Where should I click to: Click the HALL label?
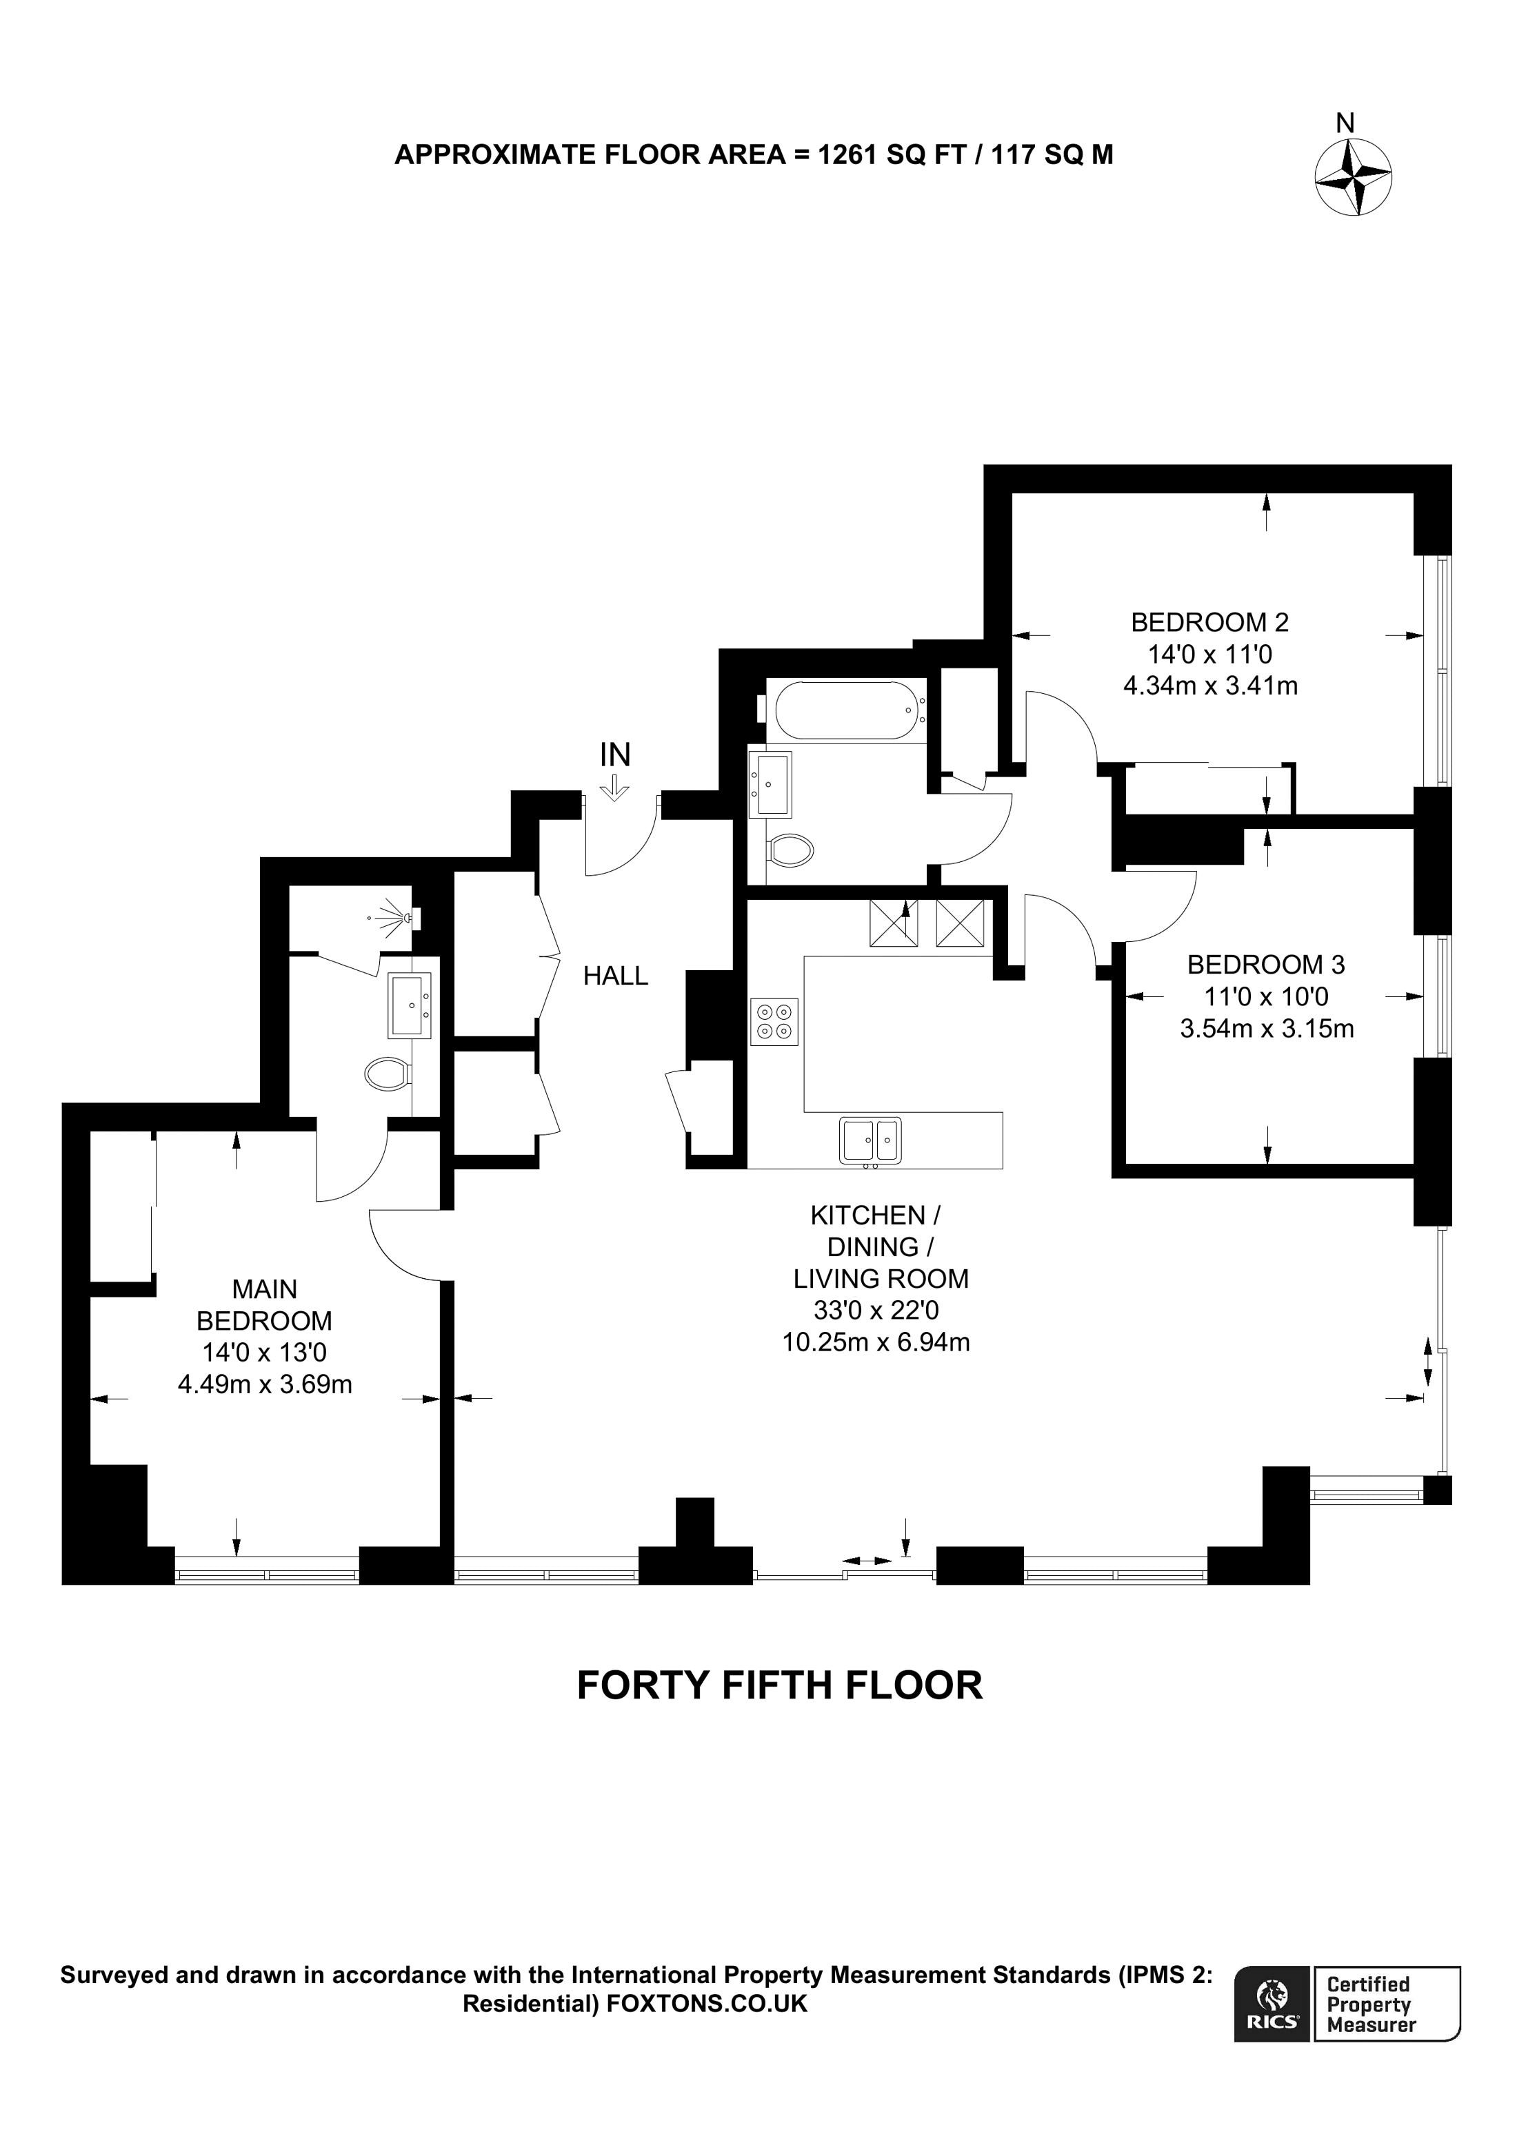[x=615, y=975]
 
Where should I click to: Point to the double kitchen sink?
[x=870, y=1140]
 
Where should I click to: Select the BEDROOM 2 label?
[x=1209, y=622]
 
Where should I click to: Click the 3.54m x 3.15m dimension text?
[x=1267, y=1029]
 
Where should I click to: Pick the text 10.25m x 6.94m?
[x=876, y=1342]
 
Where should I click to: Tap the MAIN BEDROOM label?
[x=265, y=1305]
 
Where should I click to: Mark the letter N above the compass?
[x=1345, y=123]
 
